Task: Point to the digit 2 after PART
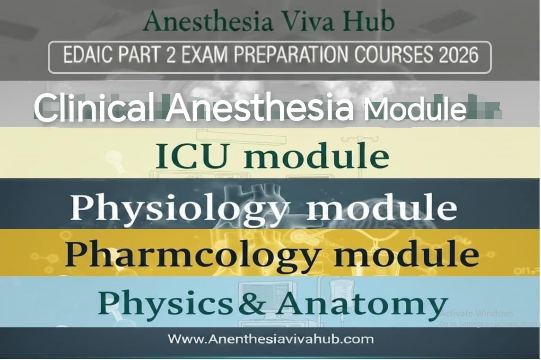coord(171,55)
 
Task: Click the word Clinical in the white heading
coord(94,107)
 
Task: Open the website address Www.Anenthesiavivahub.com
coord(271,339)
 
